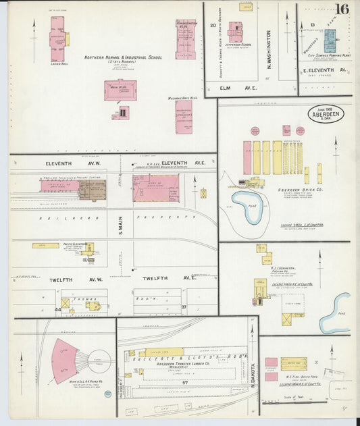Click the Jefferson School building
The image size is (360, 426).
[x=235, y=31]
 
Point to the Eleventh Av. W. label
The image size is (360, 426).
[x=63, y=163]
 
